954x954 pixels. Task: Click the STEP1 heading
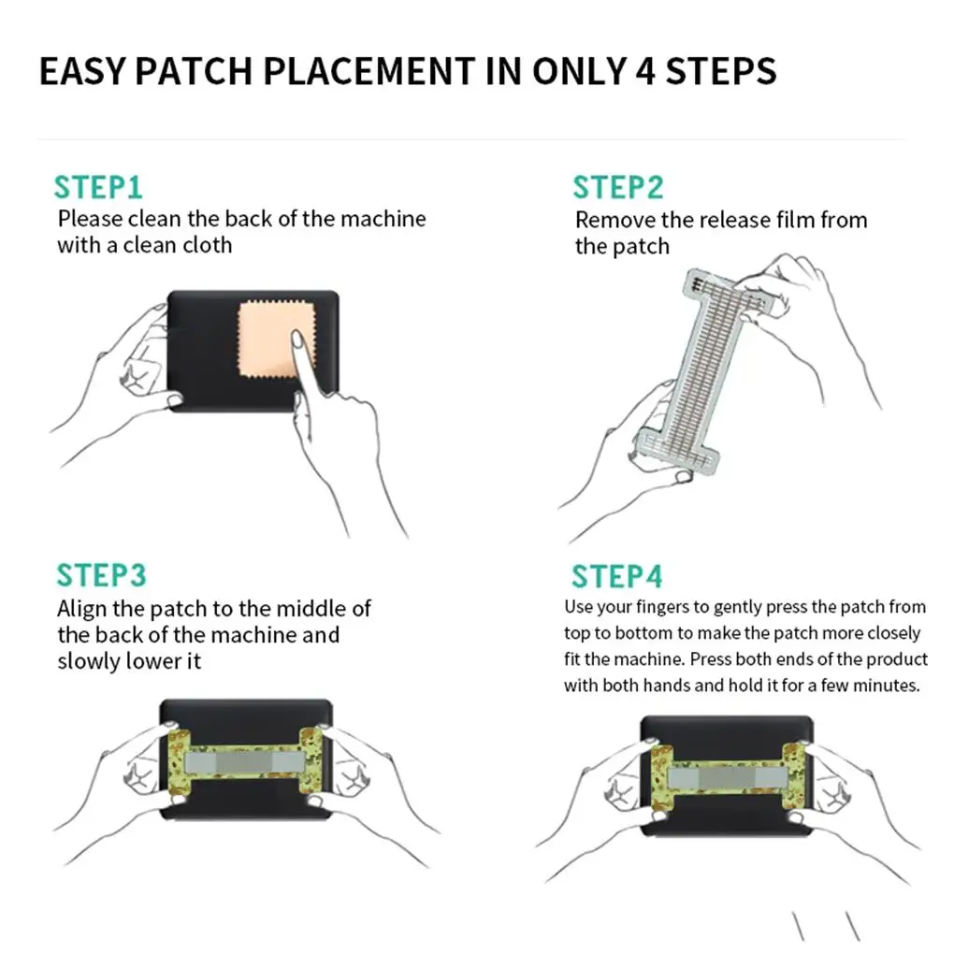[98, 186]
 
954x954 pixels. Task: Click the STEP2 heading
[618, 187]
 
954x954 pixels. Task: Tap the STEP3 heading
[101, 575]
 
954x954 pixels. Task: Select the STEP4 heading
[616, 576]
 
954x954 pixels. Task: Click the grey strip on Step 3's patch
[245, 763]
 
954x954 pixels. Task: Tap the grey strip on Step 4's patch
[726, 775]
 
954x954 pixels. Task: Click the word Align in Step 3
[83, 609]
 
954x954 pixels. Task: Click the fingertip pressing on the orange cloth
[296, 337]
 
